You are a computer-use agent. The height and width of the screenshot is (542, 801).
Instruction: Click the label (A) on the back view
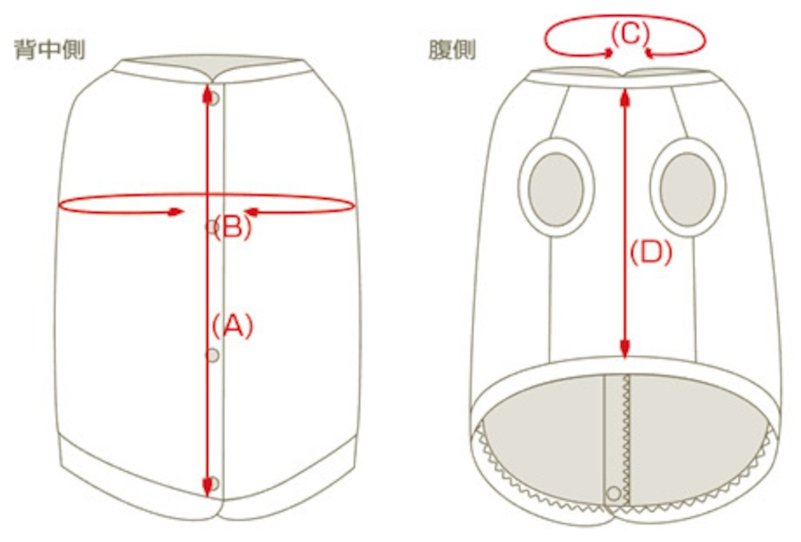(x=232, y=326)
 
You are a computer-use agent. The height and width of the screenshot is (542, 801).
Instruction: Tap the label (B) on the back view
(x=232, y=228)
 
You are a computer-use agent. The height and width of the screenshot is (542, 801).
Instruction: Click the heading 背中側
(x=49, y=50)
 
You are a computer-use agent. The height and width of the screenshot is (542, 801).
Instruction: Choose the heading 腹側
(x=452, y=50)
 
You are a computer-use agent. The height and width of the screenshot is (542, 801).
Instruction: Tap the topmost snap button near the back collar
(x=214, y=98)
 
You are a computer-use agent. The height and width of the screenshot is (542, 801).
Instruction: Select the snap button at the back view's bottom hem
(x=214, y=483)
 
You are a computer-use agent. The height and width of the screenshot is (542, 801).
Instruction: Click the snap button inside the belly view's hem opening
(x=614, y=492)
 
